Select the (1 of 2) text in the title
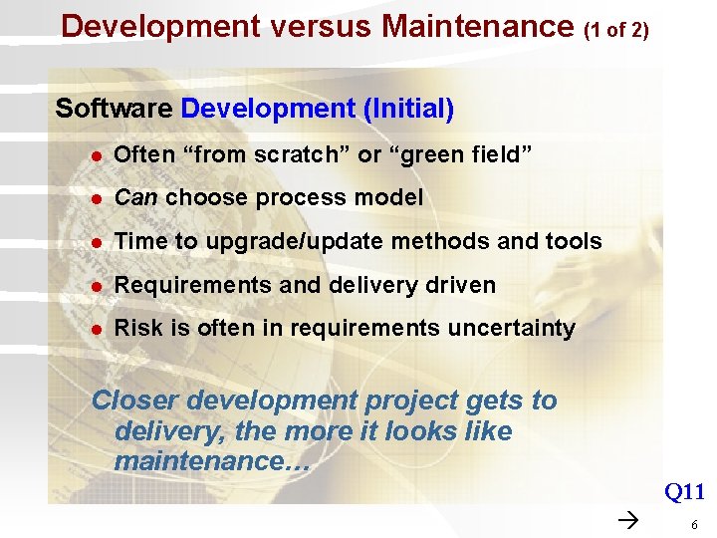click(x=616, y=30)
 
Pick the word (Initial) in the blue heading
click(x=408, y=109)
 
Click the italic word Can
click(x=135, y=198)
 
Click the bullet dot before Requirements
click(x=96, y=286)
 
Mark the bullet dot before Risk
click(x=96, y=330)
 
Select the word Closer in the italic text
click(x=135, y=401)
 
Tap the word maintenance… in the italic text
click(x=212, y=461)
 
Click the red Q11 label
click(x=684, y=491)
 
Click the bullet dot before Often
click(x=96, y=155)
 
